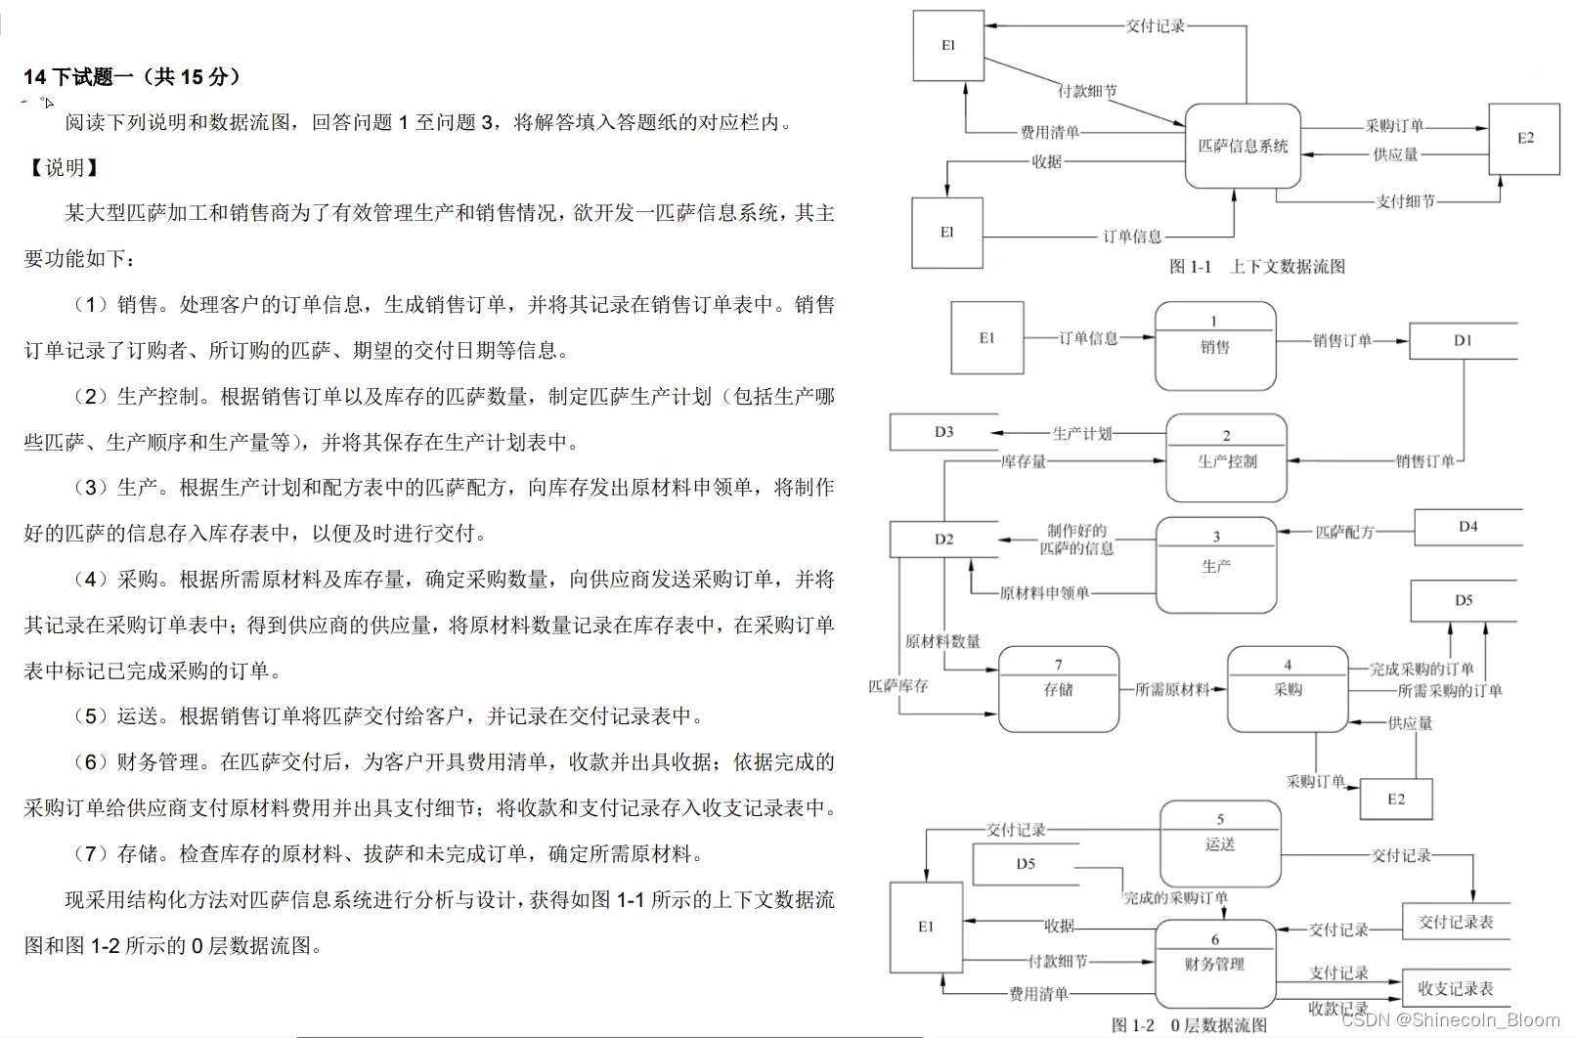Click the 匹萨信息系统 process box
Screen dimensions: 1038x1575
click(x=1243, y=146)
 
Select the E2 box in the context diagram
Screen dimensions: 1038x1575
click(x=1524, y=139)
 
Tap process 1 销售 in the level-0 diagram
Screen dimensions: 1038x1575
click(x=1215, y=346)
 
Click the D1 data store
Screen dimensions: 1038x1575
click(x=1463, y=340)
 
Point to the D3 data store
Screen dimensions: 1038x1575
click(x=943, y=432)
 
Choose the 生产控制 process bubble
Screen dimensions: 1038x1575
click(x=1227, y=458)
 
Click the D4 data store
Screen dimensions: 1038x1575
click(x=1467, y=527)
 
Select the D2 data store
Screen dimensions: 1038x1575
click(x=943, y=540)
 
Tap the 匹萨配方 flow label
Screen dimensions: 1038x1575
click(x=1344, y=532)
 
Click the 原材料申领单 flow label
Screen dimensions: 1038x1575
click(x=1044, y=592)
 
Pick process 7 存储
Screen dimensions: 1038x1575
click(x=1058, y=688)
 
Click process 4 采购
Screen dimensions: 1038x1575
click(x=1288, y=688)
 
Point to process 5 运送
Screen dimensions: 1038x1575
click(x=1220, y=843)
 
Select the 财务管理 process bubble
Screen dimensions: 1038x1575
click(x=1214, y=963)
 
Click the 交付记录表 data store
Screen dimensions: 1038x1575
click(x=1456, y=922)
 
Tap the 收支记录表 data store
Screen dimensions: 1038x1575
click(x=1456, y=988)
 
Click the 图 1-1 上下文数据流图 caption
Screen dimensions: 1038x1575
click(x=1257, y=267)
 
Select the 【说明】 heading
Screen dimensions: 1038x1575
click(x=65, y=167)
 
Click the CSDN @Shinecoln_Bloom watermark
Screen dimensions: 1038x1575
click(x=1451, y=1020)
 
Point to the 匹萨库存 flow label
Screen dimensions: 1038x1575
click(x=897, y=686)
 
